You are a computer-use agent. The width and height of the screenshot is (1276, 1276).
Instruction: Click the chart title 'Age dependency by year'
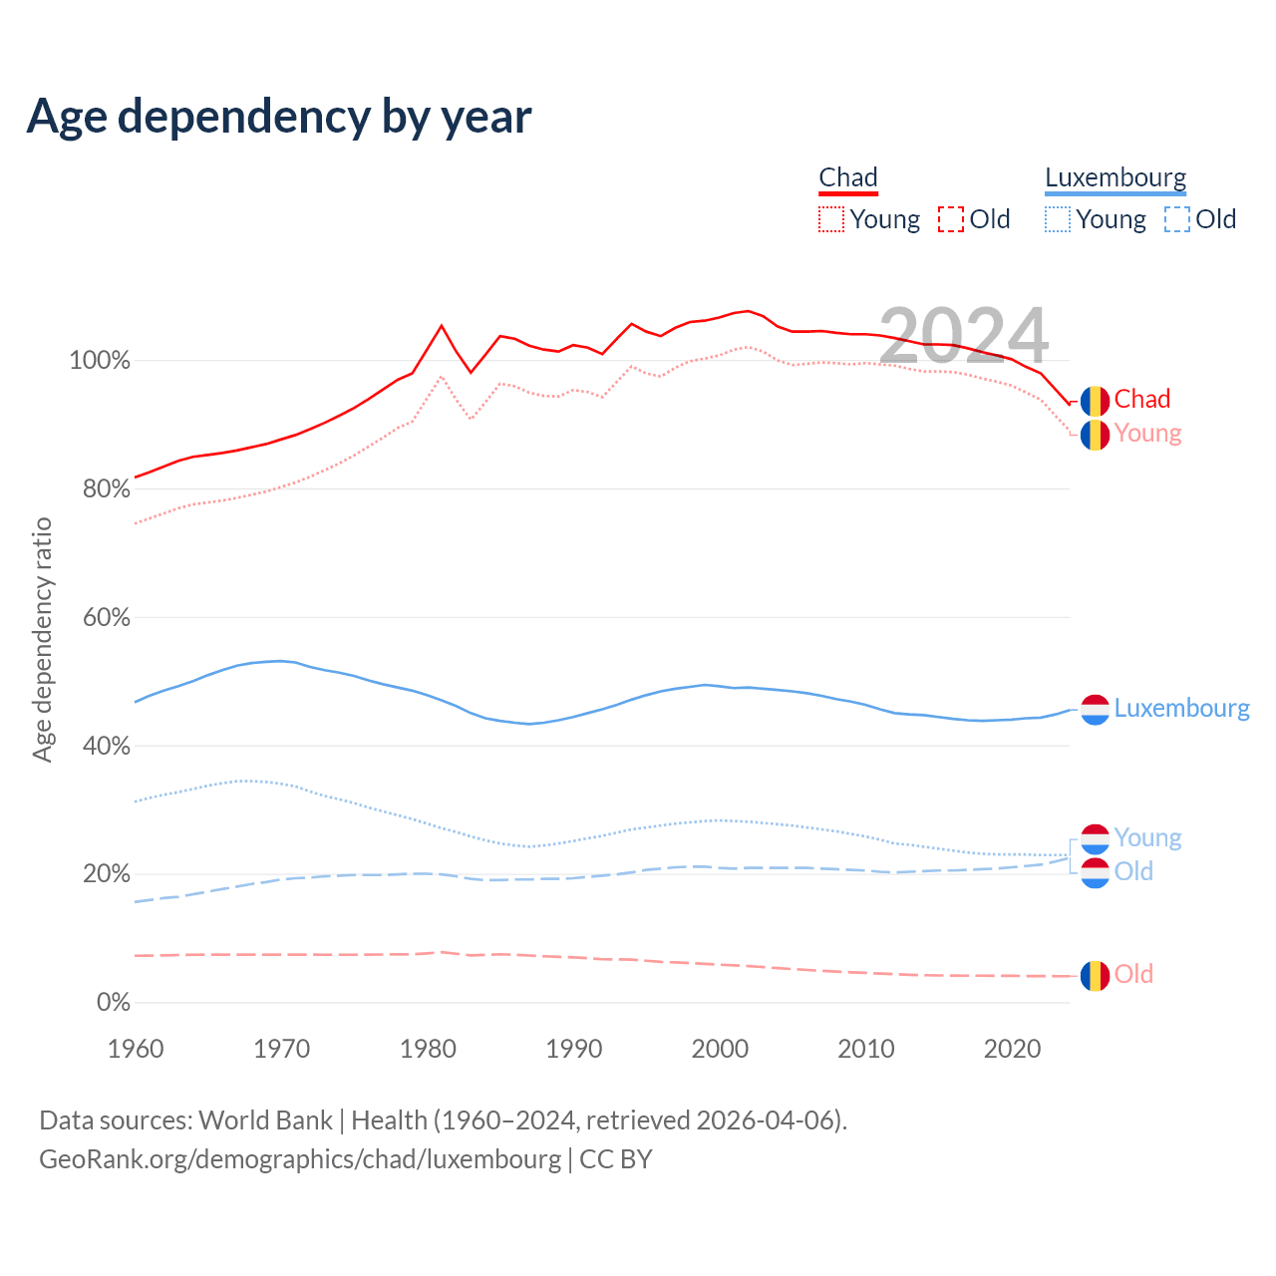[x=279, y=117]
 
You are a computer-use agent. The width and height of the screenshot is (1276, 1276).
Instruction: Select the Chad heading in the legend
[x=848, y=177]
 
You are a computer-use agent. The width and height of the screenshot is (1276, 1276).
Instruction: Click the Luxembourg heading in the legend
[x=1116, y=177]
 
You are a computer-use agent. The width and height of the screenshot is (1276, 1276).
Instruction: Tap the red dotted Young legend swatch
[x=831, y=219]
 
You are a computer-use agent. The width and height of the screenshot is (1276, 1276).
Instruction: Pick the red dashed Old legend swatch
[x=951, y=219]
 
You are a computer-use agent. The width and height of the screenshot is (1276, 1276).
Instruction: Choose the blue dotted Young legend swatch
[x=1058, y=219]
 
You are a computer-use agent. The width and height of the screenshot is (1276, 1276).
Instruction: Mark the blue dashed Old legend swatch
[x=1177, y=219]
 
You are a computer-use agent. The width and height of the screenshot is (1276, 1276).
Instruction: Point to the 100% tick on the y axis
[x=100, y=361]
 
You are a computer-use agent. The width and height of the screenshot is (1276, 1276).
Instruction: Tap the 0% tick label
[x=113, y=1003]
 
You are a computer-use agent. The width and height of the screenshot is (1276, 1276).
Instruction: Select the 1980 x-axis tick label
[x=428, y=1049]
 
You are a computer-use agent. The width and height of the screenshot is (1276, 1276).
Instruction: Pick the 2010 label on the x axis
[x=866, y=1049]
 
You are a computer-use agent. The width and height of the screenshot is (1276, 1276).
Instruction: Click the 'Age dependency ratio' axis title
[x=42, y=639]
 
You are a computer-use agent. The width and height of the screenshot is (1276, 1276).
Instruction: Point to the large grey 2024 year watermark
[x=963, y=336]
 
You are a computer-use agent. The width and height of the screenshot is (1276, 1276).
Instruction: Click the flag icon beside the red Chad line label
[x=1095, y=401]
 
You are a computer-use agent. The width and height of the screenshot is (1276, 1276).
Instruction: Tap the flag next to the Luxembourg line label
[x=1095, y=709]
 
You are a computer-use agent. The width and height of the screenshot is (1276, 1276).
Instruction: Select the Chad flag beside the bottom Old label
[x=1095, y=975]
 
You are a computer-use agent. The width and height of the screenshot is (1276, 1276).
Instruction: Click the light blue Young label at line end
[x=1147, y=837]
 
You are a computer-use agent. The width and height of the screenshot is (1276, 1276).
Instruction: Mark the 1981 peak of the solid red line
[x=442, y=325]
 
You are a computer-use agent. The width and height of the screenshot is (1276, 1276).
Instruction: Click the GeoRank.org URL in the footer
[x=300, y=1159]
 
